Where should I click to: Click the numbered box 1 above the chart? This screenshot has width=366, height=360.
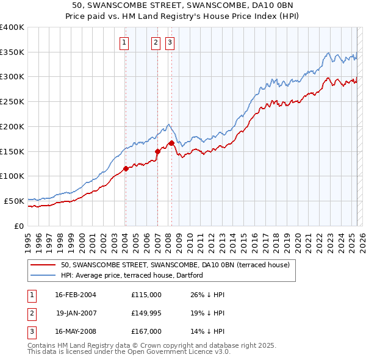click(124, 42)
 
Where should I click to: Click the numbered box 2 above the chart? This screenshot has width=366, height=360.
click(156, 42)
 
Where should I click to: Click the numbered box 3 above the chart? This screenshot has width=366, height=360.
click(169, 42)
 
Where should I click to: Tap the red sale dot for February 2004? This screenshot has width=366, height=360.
click(126, 168)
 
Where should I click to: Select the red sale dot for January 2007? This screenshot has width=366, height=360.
click(157, 151)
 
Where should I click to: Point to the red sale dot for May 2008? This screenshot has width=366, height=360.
click(171, 143)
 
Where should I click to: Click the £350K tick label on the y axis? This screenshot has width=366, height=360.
click(12, 52)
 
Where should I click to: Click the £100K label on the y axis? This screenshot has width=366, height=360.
click(12, 176)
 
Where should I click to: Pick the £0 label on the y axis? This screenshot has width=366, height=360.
click(18, 226)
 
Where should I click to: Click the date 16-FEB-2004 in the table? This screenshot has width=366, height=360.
click(76, 295)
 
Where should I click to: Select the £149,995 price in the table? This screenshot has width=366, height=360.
click(146, 313)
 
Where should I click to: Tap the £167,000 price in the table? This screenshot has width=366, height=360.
click(146, 331)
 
